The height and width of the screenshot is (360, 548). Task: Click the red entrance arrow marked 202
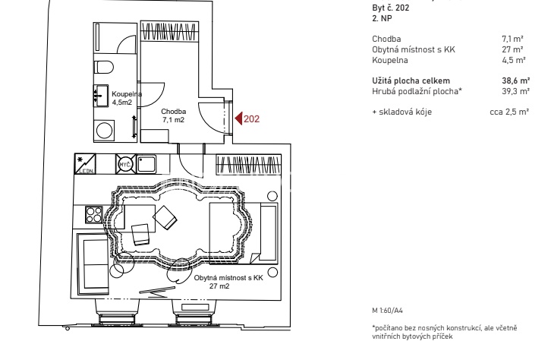tap(238, 118)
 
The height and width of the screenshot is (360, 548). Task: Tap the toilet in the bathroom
tap(104, 67)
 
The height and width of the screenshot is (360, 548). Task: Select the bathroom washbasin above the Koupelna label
tap(101, 96)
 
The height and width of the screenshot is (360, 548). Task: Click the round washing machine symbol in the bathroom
tap(104, 131)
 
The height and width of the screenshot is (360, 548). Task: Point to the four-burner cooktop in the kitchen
tap(94, 214)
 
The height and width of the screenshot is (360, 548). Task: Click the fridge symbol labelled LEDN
tap(85, 164)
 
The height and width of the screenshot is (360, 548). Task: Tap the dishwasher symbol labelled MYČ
tap(126, 164)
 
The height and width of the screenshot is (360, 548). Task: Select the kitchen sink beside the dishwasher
tap(146, 164)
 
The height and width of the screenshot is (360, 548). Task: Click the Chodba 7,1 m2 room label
tap(173, 115)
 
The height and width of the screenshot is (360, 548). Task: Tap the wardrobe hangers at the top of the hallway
tap(169, 31)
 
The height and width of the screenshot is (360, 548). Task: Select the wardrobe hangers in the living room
tap(249, 165)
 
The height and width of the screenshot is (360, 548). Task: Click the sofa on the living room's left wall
tap(93, 264)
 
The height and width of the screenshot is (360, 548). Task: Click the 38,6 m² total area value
tap(516, 81)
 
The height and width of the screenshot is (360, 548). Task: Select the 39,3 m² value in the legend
tap(516, 91)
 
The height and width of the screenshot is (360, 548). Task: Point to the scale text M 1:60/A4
tap(387, 311)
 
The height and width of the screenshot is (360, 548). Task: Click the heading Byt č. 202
tap(390, 8)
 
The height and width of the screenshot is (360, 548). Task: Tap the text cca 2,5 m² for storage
tap(509, 112)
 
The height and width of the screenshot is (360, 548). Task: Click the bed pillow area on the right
tap(269, 233)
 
